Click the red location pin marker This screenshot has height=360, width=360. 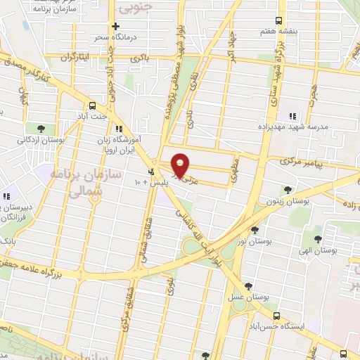coord(181,165)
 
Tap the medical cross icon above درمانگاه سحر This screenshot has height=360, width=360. coord(116,26)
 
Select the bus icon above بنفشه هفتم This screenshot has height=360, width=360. coord(279,20)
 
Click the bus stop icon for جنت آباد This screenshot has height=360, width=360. coord(94,105)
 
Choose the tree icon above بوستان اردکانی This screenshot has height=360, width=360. coord(41,129)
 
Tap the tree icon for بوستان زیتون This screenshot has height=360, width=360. coord(287,189)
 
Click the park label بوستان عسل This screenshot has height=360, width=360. coord(247,297)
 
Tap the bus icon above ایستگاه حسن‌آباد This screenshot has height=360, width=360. coord(276,316)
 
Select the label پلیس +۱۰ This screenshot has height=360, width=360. coord(151,183)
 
